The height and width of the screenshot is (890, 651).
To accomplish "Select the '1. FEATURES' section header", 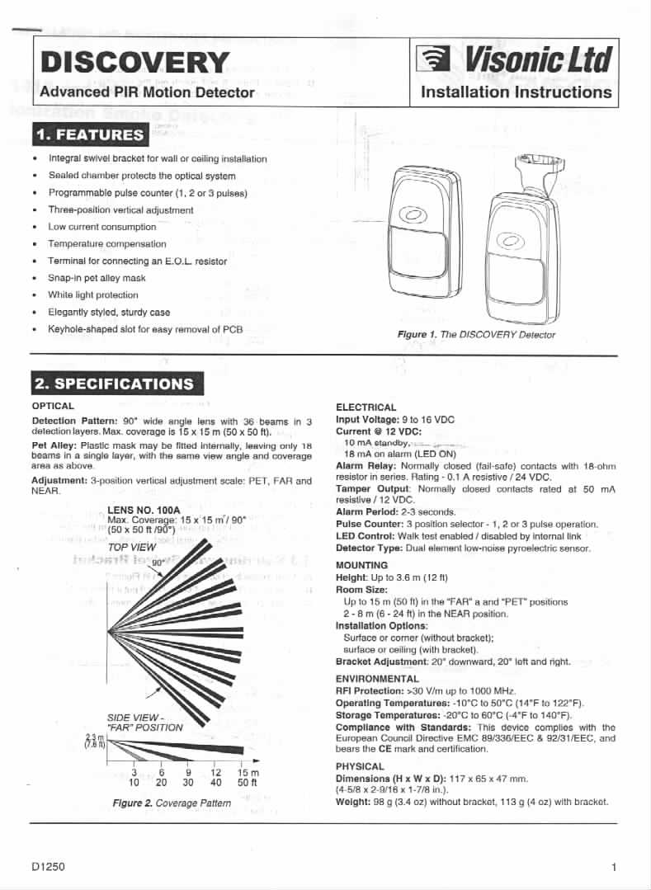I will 89,134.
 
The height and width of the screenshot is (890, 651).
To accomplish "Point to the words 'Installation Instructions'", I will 516,92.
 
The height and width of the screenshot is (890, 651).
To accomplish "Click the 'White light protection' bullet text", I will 93,294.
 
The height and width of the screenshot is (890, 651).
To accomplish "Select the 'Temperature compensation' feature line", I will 107,243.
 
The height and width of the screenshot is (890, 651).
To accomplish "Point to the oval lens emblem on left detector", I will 412,215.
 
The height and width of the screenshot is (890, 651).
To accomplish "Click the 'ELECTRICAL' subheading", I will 366,407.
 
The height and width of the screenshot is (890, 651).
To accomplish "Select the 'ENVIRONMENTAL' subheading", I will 377,679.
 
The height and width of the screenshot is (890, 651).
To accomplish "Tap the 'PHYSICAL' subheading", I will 360,766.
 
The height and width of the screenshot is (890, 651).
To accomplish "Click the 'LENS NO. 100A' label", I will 144,510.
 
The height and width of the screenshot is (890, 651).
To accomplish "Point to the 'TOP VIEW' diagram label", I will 132,547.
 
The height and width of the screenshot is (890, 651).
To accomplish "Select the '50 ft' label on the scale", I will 248,782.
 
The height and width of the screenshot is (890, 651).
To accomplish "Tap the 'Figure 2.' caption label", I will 132,803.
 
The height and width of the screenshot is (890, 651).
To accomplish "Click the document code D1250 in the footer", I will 48,867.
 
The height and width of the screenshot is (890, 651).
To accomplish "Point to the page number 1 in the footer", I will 615,867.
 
